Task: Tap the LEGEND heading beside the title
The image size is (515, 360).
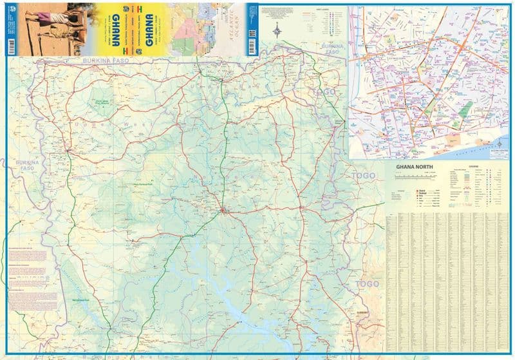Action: (x=473, y=166)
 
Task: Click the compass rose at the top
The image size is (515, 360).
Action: (x=277, y=30)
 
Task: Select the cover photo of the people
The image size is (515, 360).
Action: (x=45, y=29)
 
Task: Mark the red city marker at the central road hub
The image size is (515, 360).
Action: (x=223, y=211)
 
